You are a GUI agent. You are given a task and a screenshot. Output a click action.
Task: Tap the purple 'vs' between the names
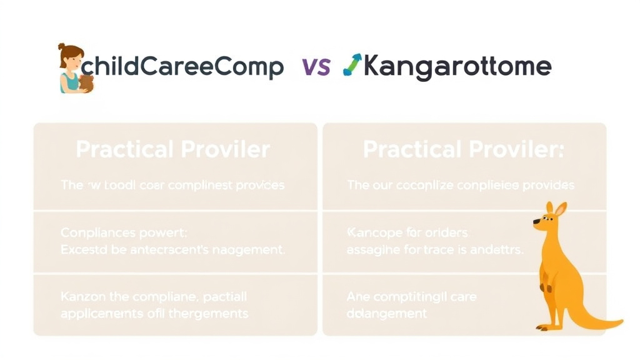[316, 67]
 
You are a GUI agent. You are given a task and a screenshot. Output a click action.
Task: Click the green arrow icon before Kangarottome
[352, 64]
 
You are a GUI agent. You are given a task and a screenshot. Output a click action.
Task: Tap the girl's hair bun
[62, 47]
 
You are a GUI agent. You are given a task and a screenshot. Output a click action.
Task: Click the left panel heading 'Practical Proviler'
[173, 149]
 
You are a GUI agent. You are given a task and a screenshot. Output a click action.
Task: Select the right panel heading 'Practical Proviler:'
[463, 149]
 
